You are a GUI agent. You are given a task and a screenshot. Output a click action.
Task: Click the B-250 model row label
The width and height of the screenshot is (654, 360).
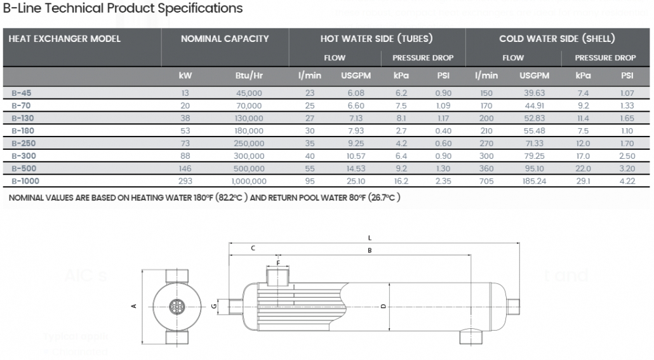click(21, 143)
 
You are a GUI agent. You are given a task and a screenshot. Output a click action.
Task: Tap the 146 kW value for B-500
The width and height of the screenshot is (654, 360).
click(185, 168)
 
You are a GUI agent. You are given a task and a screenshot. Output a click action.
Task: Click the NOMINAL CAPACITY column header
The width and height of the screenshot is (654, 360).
click(225, 39)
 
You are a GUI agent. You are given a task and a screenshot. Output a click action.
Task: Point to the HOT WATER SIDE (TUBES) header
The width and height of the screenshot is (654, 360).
click(377, 39)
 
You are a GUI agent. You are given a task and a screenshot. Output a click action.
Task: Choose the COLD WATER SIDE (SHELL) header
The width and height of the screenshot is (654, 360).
click(556, 39)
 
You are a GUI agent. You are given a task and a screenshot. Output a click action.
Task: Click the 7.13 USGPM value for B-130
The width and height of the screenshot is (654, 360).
click(352, 118)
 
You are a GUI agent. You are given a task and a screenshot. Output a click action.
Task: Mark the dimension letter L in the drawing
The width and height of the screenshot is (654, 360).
click(370, 237)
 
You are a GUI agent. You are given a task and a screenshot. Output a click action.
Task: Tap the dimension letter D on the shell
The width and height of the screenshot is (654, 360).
click(383, 307)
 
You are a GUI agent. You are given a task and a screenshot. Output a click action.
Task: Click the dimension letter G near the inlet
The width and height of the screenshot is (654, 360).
click(215, 306)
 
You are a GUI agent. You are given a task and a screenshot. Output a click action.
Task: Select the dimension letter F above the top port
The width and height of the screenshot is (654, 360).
click(277, 262)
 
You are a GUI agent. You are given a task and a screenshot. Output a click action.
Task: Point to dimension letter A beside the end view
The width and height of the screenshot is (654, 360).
click(133, 306)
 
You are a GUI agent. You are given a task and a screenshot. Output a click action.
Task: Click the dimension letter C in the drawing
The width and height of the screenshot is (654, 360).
click(253, 248)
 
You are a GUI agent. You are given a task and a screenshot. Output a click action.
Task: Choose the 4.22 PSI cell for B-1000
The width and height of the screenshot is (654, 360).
click(627, 181)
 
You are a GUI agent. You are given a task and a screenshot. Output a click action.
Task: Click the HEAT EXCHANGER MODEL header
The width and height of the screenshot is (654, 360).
click(64, 39)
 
